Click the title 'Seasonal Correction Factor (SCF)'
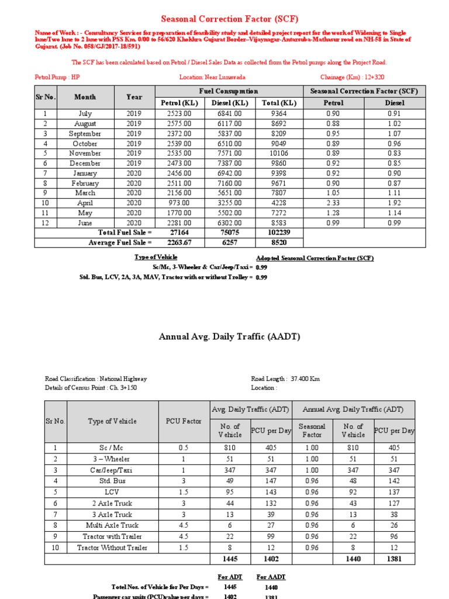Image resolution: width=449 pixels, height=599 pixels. pos(224,19)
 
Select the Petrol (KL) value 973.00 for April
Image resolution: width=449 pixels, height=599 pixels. pos(179,203)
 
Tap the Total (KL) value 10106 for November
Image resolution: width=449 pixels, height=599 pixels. pos(279,153)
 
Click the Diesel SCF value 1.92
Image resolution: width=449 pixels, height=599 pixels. pos(395,203)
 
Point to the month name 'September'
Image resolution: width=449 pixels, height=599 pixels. pos(85,133)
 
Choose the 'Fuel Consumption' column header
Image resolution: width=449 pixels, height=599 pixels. pos(229,91)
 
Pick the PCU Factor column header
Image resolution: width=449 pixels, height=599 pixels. pos(184,421)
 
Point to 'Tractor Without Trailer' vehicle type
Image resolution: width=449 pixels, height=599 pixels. pos(112,548)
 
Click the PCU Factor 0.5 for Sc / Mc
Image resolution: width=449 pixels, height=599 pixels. pos(184,447)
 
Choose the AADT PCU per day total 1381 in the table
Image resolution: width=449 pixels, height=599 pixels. pos(394,559)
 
